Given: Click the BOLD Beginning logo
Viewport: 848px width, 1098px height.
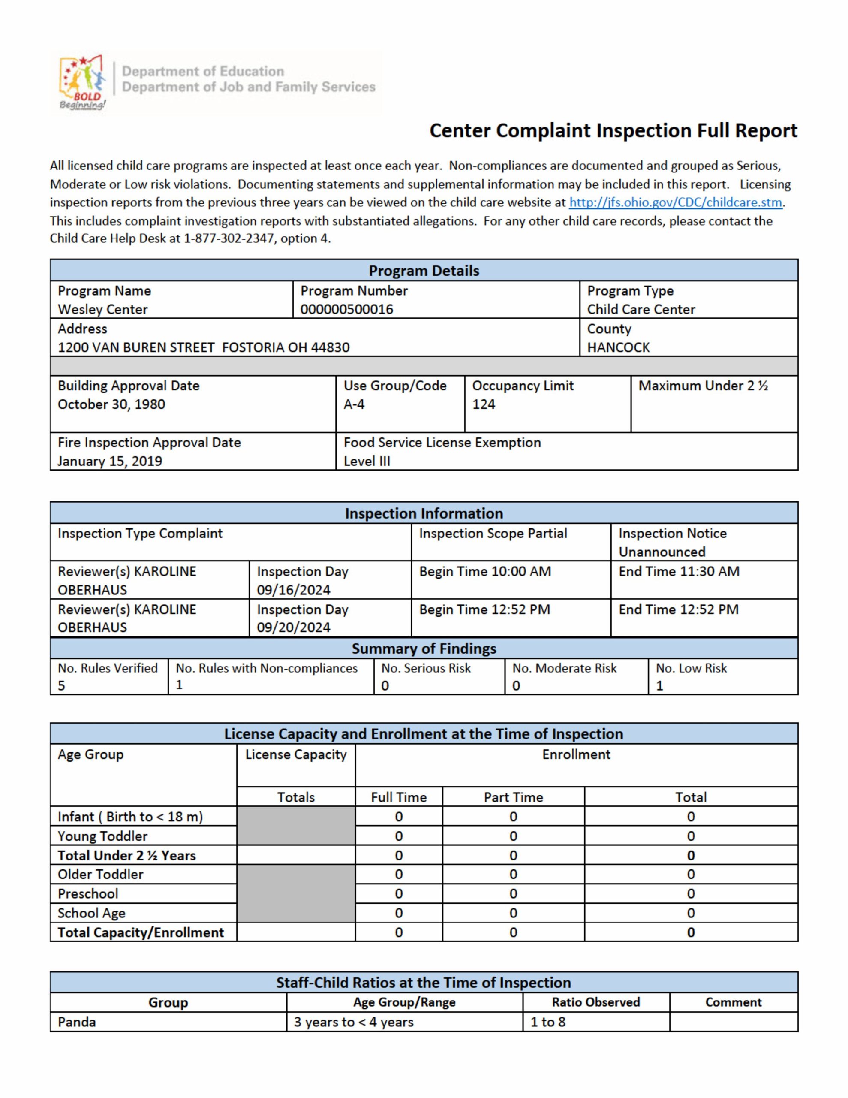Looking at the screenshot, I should pyautogui.click(x=82, y=83).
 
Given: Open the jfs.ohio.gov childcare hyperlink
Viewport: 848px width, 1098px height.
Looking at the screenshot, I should pyautogui.click(x=675, y=202).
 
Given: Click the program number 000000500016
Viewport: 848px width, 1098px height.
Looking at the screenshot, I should pyautogui.click(x=347, y=309).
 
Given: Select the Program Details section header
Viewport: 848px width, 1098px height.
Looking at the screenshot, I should pyautogui.click(x=424, y=271).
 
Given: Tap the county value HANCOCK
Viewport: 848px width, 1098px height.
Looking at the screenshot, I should pyautogui.click(x=618, y=347).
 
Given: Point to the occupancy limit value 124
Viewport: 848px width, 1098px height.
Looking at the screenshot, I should pyautogui.click(x=484, y=404).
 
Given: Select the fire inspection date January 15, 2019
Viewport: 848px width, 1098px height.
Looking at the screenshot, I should pyautogui.click(x=110, y=461).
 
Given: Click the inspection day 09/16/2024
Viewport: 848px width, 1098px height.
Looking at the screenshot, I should pyautogui.click(x=294, y=590).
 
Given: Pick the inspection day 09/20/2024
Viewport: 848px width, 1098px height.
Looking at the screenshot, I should pyautogui.click(x=294, y=627).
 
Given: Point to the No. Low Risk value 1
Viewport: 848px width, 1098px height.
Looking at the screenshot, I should pyautogui.click(x=659, y=686).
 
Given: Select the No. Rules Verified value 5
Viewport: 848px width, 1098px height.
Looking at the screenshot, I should pyautogui.click(x=61, y=686).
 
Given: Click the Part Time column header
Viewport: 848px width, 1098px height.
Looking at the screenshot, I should pyautogui.click(x=513, y=797).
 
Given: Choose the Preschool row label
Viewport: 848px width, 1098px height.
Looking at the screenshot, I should pyautogui.click(x=88, y=893).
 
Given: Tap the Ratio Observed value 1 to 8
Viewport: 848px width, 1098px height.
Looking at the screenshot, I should pyautogui.click(x=548, y=1022).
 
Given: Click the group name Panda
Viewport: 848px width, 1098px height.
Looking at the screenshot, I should pyautogui.click(x=76, y=1022).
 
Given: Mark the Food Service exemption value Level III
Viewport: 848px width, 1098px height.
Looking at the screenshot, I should pyautogui.click(x=367, y=461).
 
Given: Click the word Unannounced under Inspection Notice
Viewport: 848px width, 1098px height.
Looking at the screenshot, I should pyautogui.click(x=662, y=552).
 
